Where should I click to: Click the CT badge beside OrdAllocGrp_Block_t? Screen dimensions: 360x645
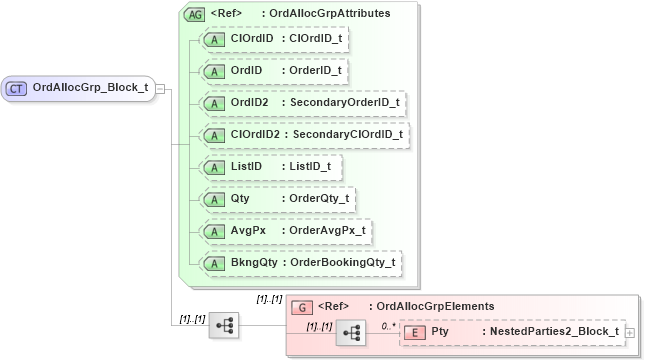(x=16, y=88)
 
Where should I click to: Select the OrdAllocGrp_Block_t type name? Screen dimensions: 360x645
(x=90, y=88)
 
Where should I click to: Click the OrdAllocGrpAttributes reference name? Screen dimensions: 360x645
(x=331, y=15)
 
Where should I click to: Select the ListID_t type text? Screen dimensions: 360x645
(x=310, y=167)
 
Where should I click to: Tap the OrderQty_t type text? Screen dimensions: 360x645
(x=318, y=199)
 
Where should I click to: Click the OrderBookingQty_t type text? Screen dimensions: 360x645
(x=340, y=263)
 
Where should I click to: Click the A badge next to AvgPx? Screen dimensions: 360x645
(x=214, y=231)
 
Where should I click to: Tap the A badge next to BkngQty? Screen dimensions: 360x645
(x=214, y=263)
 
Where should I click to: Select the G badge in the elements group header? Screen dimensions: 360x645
(x=297, y=307)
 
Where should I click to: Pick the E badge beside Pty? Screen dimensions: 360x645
(x=414, y=332)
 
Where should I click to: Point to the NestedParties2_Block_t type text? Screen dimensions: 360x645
(x=554, y=332)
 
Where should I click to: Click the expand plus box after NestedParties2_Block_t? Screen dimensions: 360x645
(x=630, y=332)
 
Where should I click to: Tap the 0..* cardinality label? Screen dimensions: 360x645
(x=389, y=325)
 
